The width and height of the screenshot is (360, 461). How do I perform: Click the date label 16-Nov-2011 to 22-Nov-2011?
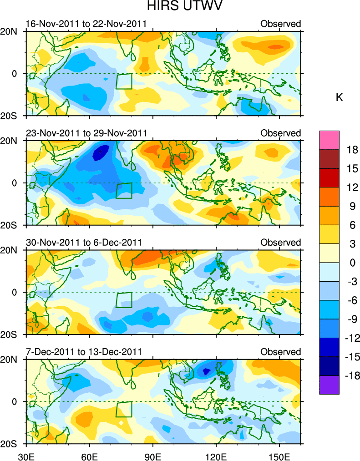pos(86,24)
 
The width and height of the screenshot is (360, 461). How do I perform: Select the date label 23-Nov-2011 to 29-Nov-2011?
pos(86,133)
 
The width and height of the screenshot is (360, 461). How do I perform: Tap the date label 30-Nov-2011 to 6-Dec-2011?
pos(84,242)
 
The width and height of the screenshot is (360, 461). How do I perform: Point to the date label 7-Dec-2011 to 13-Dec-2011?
pos(84,352)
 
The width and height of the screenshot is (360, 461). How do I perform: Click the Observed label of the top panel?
pos(280,24)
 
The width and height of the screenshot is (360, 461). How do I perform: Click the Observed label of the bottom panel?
pos(280,352)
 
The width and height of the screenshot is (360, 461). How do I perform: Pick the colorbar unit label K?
pos(339,97)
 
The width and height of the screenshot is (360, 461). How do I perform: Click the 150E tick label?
pos(279,454)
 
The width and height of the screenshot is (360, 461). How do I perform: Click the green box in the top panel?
pos(124,81)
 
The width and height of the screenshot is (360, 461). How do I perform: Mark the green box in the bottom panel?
pos(124,409)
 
